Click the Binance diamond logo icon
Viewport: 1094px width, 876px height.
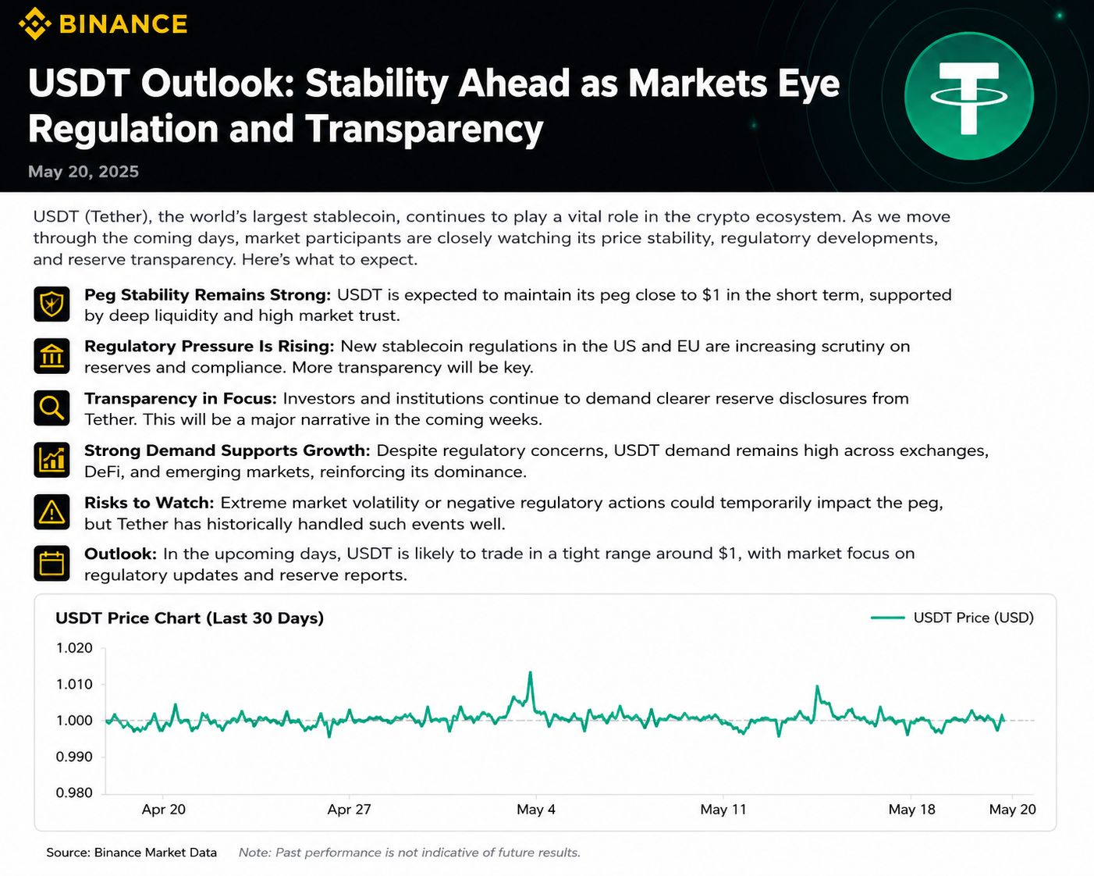click(x=34, y=24)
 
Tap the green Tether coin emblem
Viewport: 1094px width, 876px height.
click(x=969, y=95)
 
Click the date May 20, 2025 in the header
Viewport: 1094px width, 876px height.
click(x=83, y=172)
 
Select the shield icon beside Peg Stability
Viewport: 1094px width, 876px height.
click(x=52, y=304)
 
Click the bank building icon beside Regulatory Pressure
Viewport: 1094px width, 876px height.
click(x=52, y=355)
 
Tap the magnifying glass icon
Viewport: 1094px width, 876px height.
click(x=52, y=408)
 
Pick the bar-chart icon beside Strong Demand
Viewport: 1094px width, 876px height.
click(x=52, y=460)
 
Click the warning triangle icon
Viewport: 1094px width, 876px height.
click(x=52, y=511)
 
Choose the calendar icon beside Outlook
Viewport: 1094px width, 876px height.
click(x=52, y=563)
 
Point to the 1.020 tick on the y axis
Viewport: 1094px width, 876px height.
click(x=74, y=648)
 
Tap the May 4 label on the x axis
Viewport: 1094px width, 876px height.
click(x=536, y=810)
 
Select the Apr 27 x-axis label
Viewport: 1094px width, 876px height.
click(x=350, y=810)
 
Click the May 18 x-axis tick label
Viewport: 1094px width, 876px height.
click(x=911, y=810)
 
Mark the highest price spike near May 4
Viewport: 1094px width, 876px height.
click(x=531, y=673)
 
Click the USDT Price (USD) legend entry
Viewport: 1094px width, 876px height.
click(x=952, y=618)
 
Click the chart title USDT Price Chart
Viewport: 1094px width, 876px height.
click(x=190, y=618)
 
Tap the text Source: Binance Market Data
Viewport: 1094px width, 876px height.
click(x=132, y=853)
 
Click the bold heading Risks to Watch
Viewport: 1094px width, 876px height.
click(x=149, y=503)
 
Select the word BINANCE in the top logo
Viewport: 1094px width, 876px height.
click(x=123, y=24)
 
